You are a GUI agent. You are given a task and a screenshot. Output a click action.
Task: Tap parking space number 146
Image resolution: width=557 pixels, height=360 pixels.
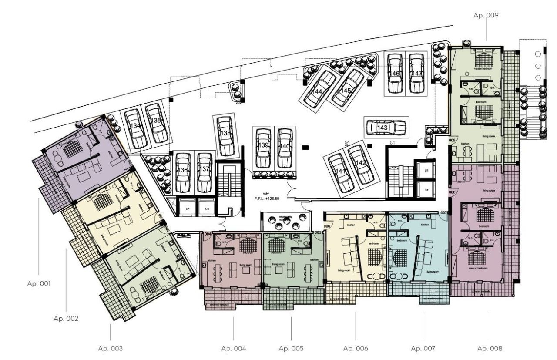coord(395,73)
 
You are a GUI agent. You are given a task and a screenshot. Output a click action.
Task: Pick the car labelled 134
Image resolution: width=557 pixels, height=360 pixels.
coord(135,128)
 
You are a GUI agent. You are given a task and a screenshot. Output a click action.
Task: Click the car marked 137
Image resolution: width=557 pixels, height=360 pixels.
coord(204,172)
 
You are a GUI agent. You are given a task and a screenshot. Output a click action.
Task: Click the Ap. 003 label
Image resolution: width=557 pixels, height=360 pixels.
coord(110,348)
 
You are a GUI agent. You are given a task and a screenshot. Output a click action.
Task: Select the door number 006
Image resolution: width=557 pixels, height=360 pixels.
coord(327,226)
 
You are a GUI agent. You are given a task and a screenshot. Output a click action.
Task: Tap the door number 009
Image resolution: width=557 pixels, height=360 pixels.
coord(452,141)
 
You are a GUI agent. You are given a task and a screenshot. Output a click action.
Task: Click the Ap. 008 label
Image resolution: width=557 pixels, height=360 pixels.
coord(490,348)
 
